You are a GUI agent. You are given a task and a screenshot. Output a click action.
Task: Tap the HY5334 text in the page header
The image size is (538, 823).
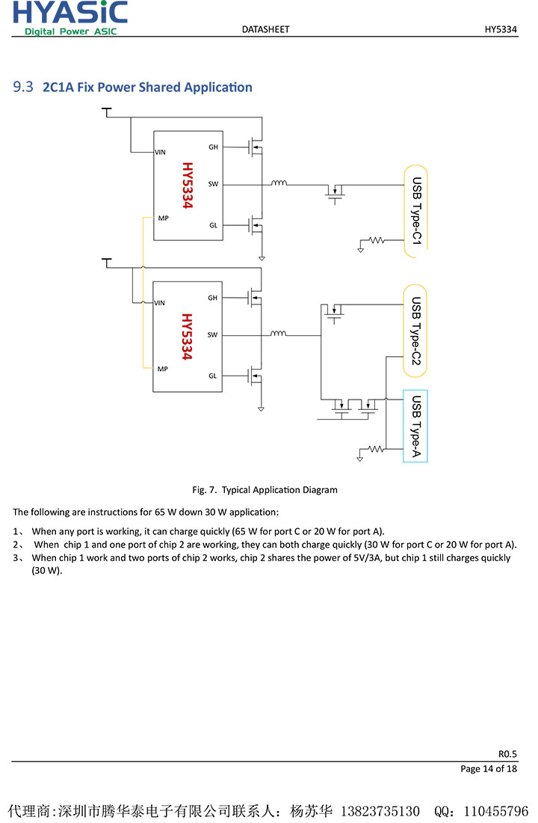click(x=501, y=29)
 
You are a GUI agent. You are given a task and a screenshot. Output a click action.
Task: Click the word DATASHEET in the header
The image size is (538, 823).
click(x=265, y=29)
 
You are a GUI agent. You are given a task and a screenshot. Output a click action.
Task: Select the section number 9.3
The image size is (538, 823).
click(x=23, y=87)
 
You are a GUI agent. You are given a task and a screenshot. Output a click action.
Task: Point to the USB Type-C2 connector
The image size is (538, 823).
click(x=415, y=331)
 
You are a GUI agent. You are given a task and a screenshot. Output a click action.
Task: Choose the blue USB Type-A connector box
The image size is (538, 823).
click(x=415, y=426)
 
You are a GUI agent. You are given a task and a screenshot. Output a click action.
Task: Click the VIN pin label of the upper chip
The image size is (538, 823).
click(x=160, y=152)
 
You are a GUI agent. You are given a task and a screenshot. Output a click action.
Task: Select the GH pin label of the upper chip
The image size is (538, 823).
click(x=213, y=147)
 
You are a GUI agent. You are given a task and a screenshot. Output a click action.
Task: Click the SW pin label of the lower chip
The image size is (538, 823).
click(x=213, y=334)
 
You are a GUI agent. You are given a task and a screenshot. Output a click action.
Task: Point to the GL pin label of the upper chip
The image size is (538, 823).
click(x=213, y=225)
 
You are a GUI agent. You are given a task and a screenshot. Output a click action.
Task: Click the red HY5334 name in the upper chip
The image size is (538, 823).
click(x=188, y=185)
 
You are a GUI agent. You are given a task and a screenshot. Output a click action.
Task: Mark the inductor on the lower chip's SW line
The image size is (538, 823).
click(x=279, y=334)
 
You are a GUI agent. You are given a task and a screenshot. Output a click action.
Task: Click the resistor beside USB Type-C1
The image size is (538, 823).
click(x=376, y=241)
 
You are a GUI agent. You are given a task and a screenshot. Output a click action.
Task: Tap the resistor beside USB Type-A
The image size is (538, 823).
click(x=376, y=450)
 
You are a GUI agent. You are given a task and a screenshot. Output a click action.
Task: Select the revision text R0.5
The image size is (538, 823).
click(x=507, y=753)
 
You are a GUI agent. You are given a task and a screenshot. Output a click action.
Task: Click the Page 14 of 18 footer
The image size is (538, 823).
click(x=489, y=768)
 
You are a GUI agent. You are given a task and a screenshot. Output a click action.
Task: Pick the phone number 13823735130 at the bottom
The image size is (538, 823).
click(x=380, y=811)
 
